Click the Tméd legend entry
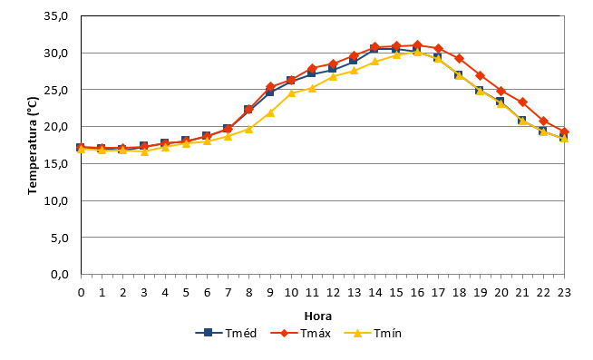[226, 333]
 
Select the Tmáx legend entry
[301, 333]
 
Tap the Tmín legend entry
[373, 333]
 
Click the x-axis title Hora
[318, 316]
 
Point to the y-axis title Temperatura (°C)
[33, 146]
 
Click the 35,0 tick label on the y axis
[56, 16]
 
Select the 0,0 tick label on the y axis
[60, 274]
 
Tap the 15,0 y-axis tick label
[56, 164]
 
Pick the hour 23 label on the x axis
[564, 292]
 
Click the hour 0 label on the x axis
[81, 292]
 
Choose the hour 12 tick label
[333, 292]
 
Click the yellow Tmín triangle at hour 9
[270, 112]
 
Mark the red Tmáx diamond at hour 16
[417, 45]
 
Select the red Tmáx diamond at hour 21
[522, 102]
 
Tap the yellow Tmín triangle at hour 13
[354, 70]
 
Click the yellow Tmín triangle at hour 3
[144, 151]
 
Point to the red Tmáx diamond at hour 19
[481, 75]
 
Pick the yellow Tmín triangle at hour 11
[312, 88]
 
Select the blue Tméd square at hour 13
[354, 61]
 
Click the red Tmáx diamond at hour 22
[543, 121]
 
